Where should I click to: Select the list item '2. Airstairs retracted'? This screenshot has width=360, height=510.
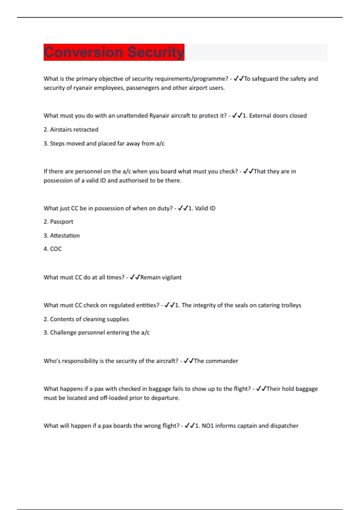tap(71, 130)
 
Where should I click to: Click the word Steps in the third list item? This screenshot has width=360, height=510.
tap(57, 143)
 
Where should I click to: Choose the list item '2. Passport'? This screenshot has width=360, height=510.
tap(58, 222)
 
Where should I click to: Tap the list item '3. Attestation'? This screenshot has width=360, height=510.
tap(61, 235)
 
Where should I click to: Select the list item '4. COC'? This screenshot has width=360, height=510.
tap(52, 249)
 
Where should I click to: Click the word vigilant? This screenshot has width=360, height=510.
tap(171, 277)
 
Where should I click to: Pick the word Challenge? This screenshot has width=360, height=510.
tap(63, 332)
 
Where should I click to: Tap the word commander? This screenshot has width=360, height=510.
tap(222, 361)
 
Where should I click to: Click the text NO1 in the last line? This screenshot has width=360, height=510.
tap(208, 426)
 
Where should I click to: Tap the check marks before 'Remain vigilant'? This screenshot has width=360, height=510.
tap(135, 277)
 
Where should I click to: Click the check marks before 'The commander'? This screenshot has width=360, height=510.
tap(188, 361)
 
